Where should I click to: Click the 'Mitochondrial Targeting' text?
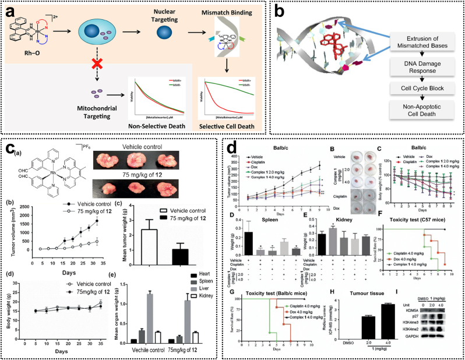pyautogui.click(x=51, y=112)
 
